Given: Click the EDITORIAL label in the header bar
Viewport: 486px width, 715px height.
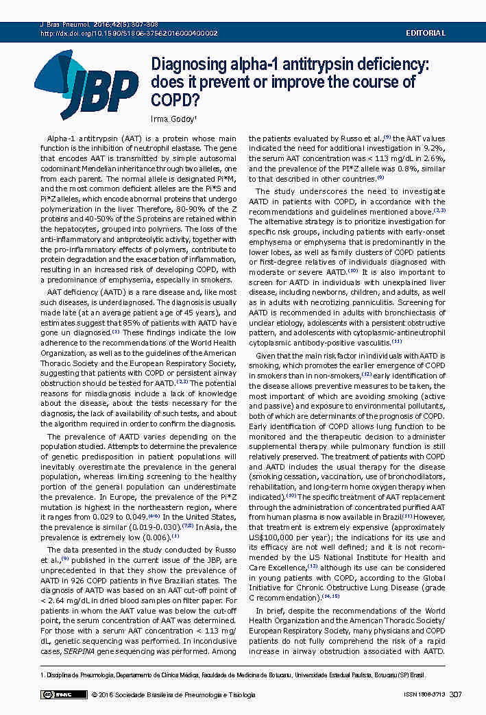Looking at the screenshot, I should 426,33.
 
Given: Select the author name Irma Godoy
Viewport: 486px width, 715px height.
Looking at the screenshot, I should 173,119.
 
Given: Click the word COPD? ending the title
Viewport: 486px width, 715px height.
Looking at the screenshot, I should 175,100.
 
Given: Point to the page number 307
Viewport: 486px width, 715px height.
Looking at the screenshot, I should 455,694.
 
